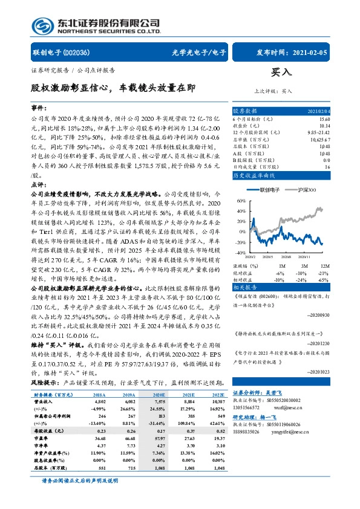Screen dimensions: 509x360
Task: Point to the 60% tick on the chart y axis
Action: click(241, 200)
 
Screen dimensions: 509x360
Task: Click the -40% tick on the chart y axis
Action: click(240, 252)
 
